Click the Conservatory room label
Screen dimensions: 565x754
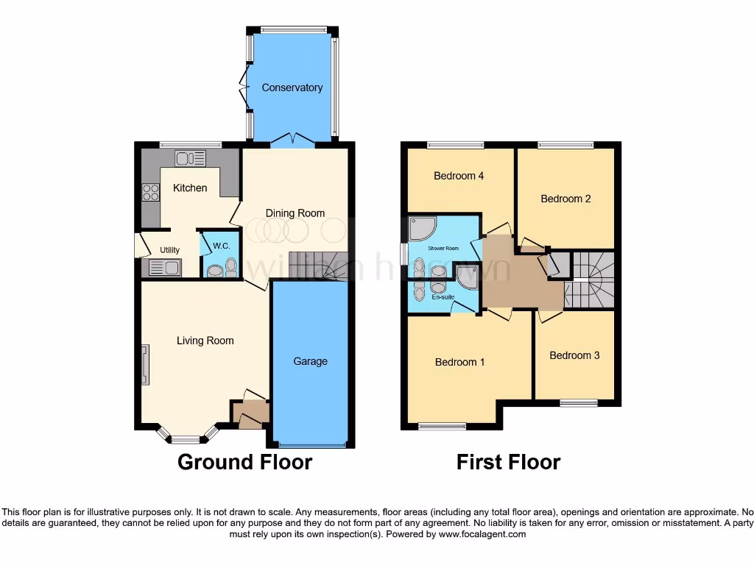tap(292, 88)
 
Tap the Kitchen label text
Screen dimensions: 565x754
tap(190, 188)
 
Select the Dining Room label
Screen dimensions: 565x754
tap(295, 213)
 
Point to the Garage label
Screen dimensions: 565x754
tap(310, 361)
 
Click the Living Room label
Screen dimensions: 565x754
tap(205, 341)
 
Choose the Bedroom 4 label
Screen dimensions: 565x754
tap(459, 176)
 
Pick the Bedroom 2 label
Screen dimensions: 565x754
tap(565, 199)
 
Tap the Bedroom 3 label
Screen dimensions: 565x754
tap(574, 355)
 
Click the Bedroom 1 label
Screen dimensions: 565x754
tap(459, 362)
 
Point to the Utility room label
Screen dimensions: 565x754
tap(169, 250)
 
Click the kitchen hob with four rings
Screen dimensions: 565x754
tap(151, 193)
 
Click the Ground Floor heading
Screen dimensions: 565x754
tap(245, 462)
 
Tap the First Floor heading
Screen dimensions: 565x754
tap(508, 462)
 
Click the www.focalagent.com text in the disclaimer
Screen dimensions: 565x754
tap(482, 535)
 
